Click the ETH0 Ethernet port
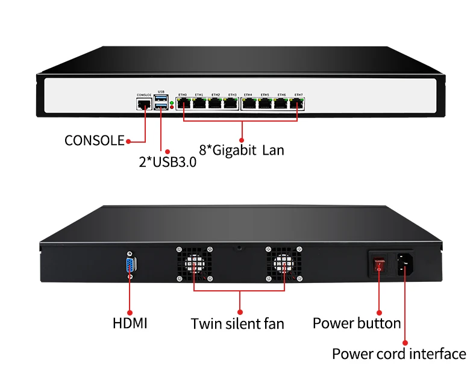pos(183,104)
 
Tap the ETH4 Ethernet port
pos(248,104)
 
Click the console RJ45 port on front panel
pos(144,104)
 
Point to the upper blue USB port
pos(160,99)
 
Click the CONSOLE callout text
pos(94,141)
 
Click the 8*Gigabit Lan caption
pos(241,149)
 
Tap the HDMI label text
pos(130,323)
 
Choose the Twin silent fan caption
pos(237,323)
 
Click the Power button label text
pos(356,323)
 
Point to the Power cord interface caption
pos(399,353)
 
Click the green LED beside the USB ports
pos(172,104)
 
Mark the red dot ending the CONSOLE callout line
pos(128,142)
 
